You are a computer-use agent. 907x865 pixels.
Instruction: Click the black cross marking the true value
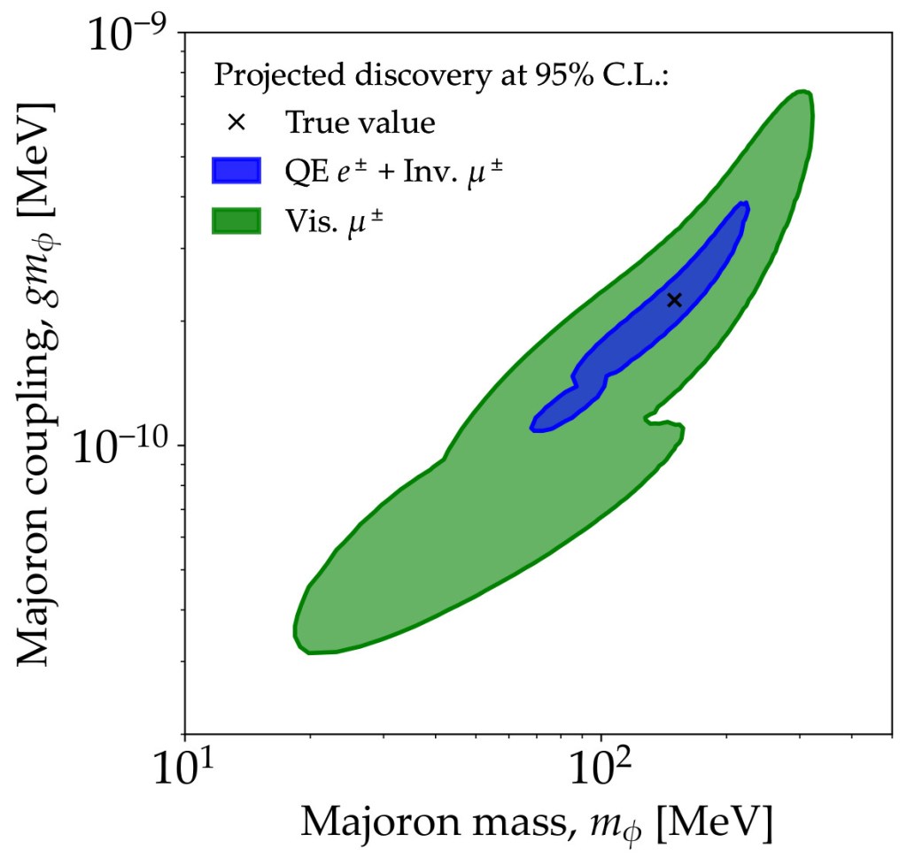coord(674,300)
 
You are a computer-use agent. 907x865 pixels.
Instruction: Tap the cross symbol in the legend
coord(236,122)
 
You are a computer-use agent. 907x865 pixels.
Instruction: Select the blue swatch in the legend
coord(236,170)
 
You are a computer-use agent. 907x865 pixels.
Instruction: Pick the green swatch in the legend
coord(236,220)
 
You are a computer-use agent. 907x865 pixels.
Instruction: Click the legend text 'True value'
coord(360,122)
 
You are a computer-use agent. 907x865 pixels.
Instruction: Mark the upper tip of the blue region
coord(744,205)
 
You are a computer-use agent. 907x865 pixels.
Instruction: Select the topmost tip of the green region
coord(802,92)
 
